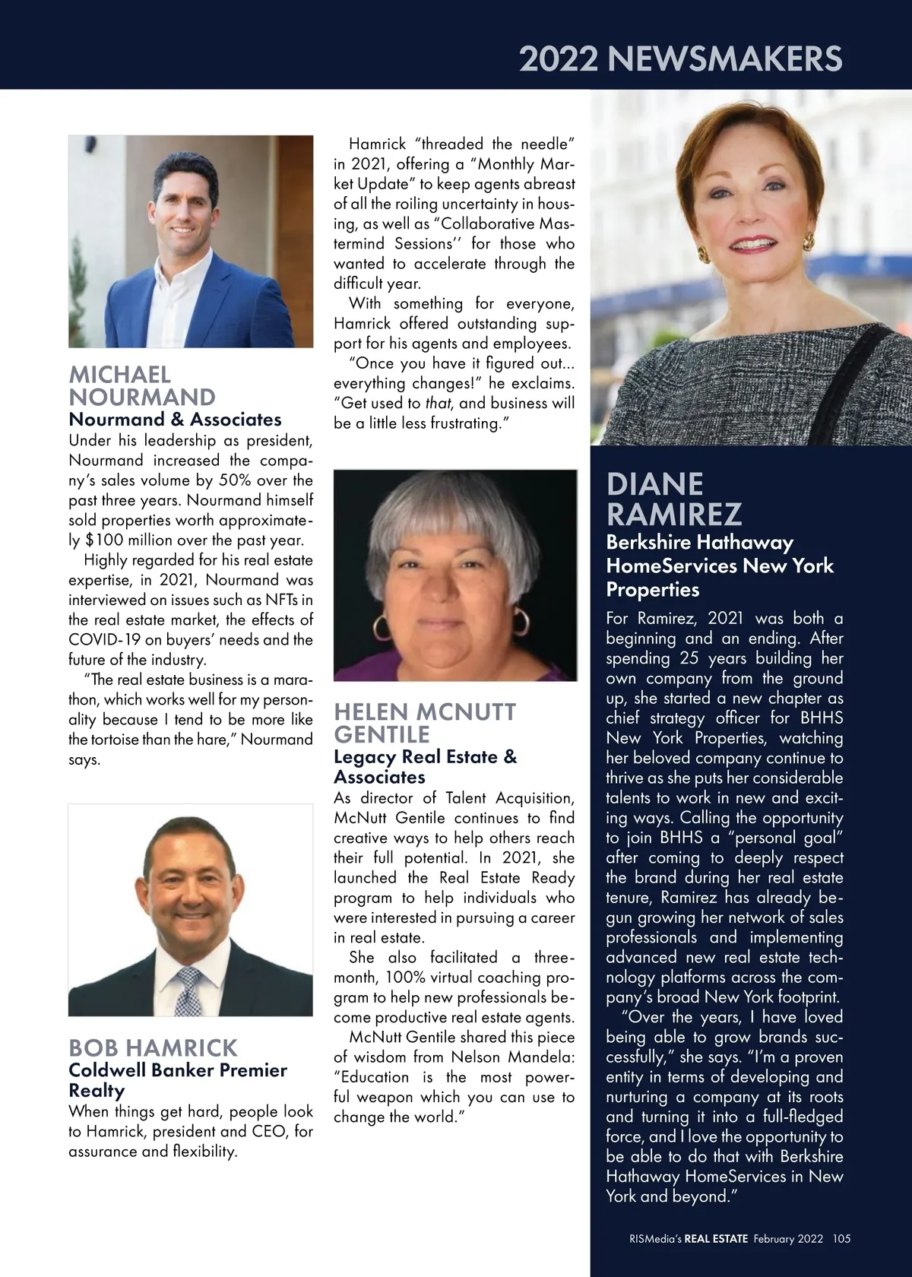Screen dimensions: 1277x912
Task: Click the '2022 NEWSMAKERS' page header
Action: tap(680, 59)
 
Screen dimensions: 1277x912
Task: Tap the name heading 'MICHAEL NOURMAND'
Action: tap(142, 386)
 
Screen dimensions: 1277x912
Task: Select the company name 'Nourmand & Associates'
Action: tap(175, 420)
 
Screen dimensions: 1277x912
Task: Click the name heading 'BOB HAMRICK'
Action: tap(153, 1048)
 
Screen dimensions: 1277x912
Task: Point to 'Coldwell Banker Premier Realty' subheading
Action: tap(177, 1080)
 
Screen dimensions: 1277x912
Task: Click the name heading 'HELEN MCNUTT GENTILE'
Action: tap(425, 724)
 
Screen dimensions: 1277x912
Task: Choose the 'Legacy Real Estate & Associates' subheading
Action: tap(425, 767)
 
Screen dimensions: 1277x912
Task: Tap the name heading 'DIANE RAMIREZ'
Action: tap(673, 499)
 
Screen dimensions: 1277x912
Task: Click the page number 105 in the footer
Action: tap(841, 1238)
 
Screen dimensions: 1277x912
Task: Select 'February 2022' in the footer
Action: tap(788, 1238)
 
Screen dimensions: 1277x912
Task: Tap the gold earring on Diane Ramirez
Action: tap(808, 242)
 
